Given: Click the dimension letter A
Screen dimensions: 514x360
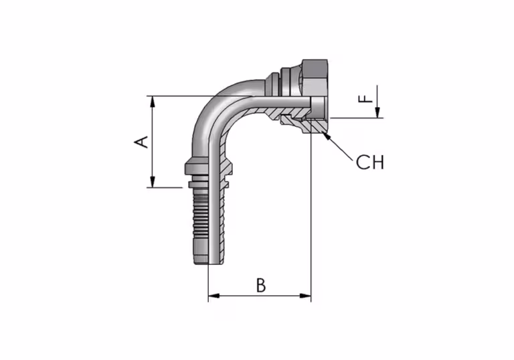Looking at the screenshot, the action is click(142, 142).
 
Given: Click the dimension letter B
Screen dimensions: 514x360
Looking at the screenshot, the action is click(261, 285).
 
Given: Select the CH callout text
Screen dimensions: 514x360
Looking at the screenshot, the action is click(369, 162).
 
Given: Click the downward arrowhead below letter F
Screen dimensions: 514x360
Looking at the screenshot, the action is click(377, 112).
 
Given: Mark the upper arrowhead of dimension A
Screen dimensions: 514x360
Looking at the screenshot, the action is click(153, 102).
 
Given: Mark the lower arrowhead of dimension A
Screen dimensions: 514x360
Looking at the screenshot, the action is click(153, 181).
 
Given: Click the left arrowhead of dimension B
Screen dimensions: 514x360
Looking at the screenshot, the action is click(214, 296).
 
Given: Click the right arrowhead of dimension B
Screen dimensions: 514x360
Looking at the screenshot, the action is click(305, 296).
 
